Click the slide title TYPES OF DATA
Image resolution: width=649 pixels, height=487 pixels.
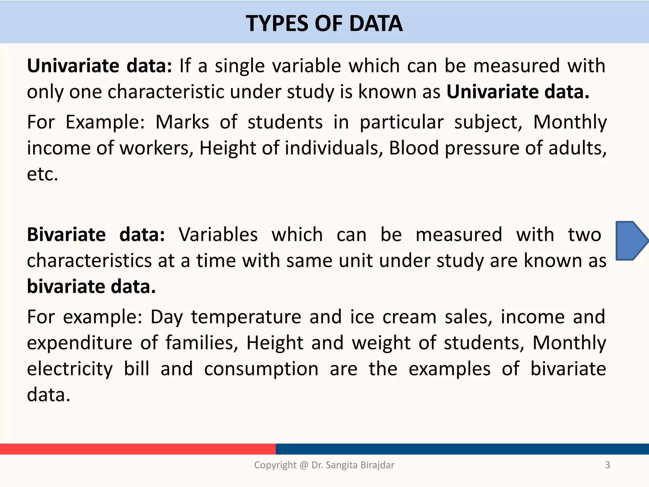point(324,24)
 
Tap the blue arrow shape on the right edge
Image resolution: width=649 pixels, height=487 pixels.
point(631,241)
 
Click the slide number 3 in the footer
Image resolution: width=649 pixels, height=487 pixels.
point(607,465)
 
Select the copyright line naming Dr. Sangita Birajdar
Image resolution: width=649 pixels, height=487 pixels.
point(324,465)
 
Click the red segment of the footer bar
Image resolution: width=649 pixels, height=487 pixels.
point(138,449)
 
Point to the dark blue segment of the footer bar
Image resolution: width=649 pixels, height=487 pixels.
point(462,449)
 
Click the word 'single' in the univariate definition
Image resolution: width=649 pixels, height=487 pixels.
point(240,66)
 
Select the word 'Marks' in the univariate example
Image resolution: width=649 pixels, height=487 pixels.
point(182,122)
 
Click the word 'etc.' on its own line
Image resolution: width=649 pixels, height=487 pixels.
point(42,174)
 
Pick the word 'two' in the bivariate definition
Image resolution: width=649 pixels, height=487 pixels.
point(584,235)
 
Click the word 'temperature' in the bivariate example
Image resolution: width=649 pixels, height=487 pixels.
point(246,317)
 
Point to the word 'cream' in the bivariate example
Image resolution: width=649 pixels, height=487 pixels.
point(409,317)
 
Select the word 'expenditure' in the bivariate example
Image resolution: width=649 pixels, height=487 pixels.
point(80,343)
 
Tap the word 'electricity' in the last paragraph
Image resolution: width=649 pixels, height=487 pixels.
point(70,369)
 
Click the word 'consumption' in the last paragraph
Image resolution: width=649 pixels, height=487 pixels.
point(261,369)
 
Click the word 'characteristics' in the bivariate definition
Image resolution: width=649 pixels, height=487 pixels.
point(89,261)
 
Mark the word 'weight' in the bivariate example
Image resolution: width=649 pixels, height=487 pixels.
point(381,343)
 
